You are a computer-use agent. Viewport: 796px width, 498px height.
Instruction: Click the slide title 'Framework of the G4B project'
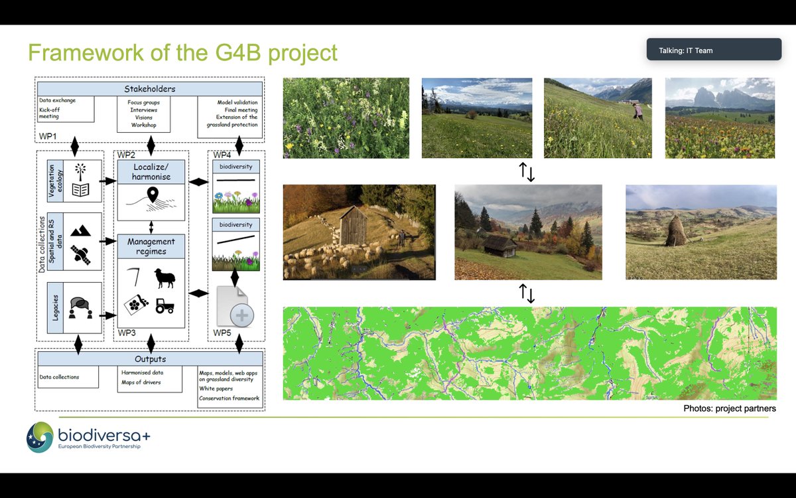pos(182,53)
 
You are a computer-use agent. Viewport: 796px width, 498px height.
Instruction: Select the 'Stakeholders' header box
pos(151,89)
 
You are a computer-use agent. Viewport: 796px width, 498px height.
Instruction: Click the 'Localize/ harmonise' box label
pos(151,172)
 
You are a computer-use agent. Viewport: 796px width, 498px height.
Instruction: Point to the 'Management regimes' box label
pos(151,246)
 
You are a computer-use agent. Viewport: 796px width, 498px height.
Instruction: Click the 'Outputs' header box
pos(151,359)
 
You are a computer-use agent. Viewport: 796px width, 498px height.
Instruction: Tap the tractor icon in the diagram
pos(165,305)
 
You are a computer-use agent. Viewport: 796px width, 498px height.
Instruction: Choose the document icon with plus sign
pos(234,307)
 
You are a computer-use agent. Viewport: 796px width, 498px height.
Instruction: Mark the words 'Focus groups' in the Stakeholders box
pos(143,103)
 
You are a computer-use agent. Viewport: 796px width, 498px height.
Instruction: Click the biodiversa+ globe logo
pos(40,436)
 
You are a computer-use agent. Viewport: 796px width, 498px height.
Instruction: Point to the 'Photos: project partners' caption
pos(729,408)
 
